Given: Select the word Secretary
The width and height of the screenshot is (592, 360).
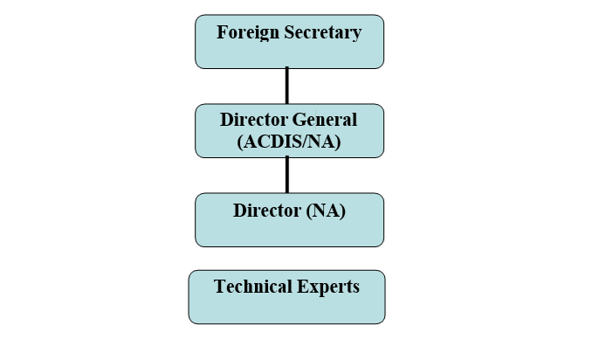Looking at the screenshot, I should pos(322,33).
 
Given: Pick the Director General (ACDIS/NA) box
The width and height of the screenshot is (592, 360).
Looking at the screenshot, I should pos(289,131).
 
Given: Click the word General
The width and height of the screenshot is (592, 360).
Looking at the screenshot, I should pos(325,120).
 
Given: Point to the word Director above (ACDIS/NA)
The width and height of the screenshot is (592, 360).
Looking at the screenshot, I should pos(253,120).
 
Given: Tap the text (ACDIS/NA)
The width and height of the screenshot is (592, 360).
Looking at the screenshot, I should pos(289,142).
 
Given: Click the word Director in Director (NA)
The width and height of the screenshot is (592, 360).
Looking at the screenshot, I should pos(266,211).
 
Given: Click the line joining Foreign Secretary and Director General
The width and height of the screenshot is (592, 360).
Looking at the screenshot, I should pos(286,86).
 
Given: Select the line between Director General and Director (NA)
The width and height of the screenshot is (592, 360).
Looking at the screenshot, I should pos(286,175).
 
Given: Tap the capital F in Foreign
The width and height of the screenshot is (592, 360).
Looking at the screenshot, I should pos(222,33).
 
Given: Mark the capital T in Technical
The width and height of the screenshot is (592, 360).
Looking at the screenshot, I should pos(219,287).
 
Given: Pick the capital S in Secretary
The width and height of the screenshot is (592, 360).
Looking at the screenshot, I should pos(288,33).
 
